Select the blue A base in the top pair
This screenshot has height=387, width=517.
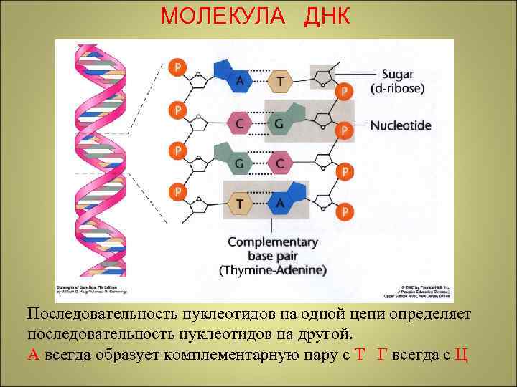click(x=239, y=81)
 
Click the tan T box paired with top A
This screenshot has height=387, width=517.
click(x=279, y=82)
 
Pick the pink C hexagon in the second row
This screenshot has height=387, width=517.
click(x=238, y=123)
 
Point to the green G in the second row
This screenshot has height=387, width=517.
click(x=279, y=123)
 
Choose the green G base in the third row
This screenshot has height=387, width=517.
click(x=239, y=163)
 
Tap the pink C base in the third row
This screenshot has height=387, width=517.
click(x=279, y=163)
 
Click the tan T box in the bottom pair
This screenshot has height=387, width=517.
click(x=239, y=204)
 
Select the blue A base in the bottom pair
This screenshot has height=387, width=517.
click(x=280, y=204)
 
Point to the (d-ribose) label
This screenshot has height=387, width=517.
click(x=397, y=89)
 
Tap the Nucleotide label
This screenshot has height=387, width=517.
click(x=401, y=125)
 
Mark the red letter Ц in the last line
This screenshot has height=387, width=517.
click(x=462, y=355)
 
